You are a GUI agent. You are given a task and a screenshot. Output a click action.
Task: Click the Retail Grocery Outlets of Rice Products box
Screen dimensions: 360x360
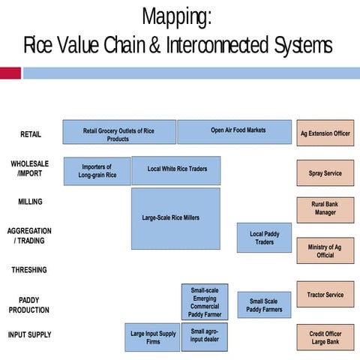[119, 133]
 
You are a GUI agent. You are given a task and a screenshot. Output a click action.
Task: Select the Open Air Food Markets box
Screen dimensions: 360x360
[234, 132]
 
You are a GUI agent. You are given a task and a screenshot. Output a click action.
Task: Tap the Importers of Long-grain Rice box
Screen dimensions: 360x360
[97, 171]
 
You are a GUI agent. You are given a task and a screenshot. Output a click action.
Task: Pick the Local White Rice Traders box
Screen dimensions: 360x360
[176, 170]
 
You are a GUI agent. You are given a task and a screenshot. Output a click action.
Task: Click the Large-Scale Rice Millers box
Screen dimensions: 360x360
[175, 218]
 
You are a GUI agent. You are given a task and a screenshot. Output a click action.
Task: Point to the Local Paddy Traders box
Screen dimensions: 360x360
[264, 238]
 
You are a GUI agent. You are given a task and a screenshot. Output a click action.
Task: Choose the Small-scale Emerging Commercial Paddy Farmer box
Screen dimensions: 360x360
[204, 302]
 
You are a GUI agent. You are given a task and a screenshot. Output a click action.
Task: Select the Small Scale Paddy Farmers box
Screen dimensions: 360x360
[264, 304]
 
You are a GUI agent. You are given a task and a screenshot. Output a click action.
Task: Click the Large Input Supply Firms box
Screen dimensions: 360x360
[152, 337]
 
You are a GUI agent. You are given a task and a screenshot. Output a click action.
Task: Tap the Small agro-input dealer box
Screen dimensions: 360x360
[204, 337]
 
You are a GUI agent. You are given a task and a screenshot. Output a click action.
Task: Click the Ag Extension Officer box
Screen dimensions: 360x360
[325, 133]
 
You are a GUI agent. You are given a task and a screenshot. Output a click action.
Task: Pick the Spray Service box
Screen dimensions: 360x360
[325, 173]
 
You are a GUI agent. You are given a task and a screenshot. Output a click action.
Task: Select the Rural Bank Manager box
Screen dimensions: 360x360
[325, 209]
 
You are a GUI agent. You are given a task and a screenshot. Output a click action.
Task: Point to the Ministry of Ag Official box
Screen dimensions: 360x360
[325, 250]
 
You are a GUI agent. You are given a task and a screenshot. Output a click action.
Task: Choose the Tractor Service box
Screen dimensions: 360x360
[325, 295]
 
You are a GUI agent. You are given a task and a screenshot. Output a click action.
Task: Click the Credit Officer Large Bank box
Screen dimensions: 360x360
[325, 338]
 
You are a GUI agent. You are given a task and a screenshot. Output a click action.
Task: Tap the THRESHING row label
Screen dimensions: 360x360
[29, 270]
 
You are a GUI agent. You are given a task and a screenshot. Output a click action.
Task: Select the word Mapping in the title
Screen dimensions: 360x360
[176, 16]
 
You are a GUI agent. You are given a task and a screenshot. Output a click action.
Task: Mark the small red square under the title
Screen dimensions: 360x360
[10, 73]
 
